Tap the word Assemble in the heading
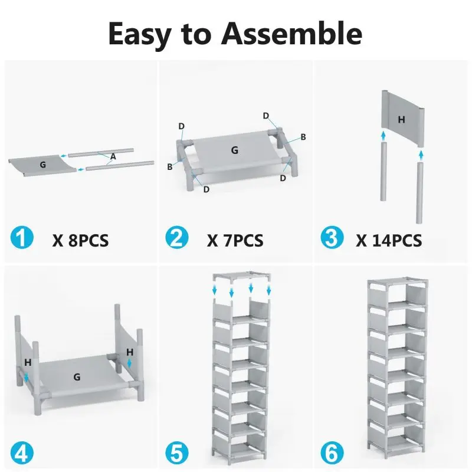(x=291, y=34)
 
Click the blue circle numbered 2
(x=176, y=240)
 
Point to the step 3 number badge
(x=331, y=238)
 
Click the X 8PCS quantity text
(x=80, y=241)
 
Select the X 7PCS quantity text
(x=235, y=241)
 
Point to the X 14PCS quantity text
(x=389, y=240)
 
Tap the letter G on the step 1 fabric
(x=42, y=165)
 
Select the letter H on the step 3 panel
(x=401, y=119)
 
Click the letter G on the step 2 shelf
(x=235, y=150)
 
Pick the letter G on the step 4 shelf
(x=77, y=376)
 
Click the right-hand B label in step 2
(x=303, y=137)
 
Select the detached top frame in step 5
(x=241, y=277)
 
